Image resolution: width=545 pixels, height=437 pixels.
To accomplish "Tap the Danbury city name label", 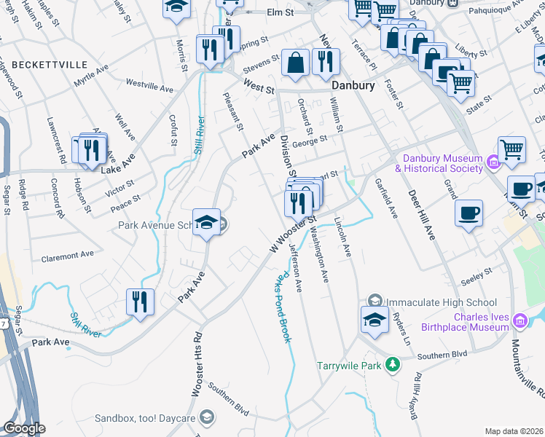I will pos(353,85).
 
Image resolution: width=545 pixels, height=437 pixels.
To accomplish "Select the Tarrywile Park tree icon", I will pos(393,363).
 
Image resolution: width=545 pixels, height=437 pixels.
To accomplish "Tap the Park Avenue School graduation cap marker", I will pos(206,222).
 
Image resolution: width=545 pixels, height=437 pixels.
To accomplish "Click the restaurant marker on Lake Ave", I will pos(91,151).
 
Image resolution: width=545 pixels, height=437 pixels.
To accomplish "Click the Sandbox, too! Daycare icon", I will pos(208,417).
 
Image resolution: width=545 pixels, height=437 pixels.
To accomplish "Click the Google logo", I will pos(24,428).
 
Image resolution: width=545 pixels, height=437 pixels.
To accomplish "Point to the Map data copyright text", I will pos(514,431).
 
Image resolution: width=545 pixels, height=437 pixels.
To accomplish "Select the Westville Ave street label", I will pos(149,87).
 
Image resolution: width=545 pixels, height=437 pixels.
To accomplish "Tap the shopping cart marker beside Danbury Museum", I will pos(512,150).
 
